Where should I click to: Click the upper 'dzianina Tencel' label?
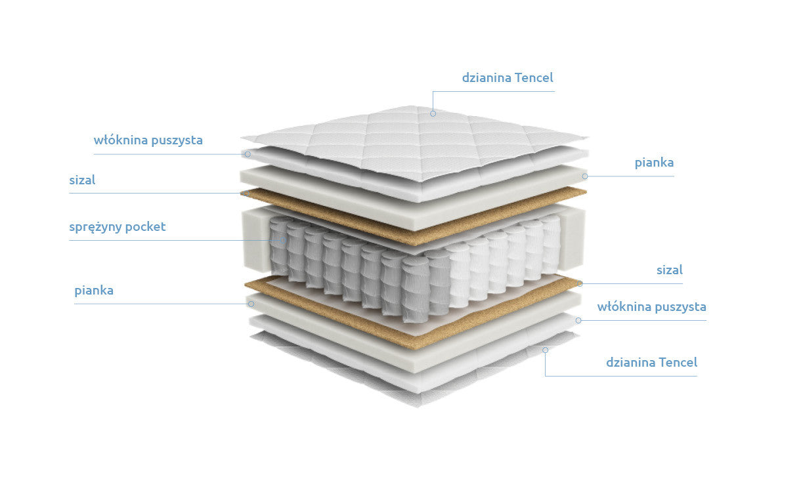(x=508, y=77)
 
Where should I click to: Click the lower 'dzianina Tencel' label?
(x=651, y=362)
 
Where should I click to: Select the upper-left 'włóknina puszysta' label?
(x=148, y=140)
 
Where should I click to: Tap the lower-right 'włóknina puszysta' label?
(x=651, y=306)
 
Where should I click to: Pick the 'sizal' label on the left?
(x=82, y=180)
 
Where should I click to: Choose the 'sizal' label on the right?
(x=670, y=270)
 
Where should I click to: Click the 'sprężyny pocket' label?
(x=118, y=227)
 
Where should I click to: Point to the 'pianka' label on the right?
(x=654, y=163)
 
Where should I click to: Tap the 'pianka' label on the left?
(x=94, y=291)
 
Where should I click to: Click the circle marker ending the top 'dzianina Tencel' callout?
(x=433, y=113)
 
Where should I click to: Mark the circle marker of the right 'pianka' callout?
(x=584, y=176)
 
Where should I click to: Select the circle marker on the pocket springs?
(x=282, y=240)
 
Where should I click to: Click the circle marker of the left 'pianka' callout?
(x=251, y=304)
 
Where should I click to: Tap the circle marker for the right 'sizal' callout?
(x=580, y=283)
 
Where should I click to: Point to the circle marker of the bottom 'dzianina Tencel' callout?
(x=545, y=350)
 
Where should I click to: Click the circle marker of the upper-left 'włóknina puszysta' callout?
(x=248, y=154)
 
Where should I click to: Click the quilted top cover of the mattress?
(x=415, y=143)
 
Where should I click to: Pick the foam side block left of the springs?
(x=256, y=239)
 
